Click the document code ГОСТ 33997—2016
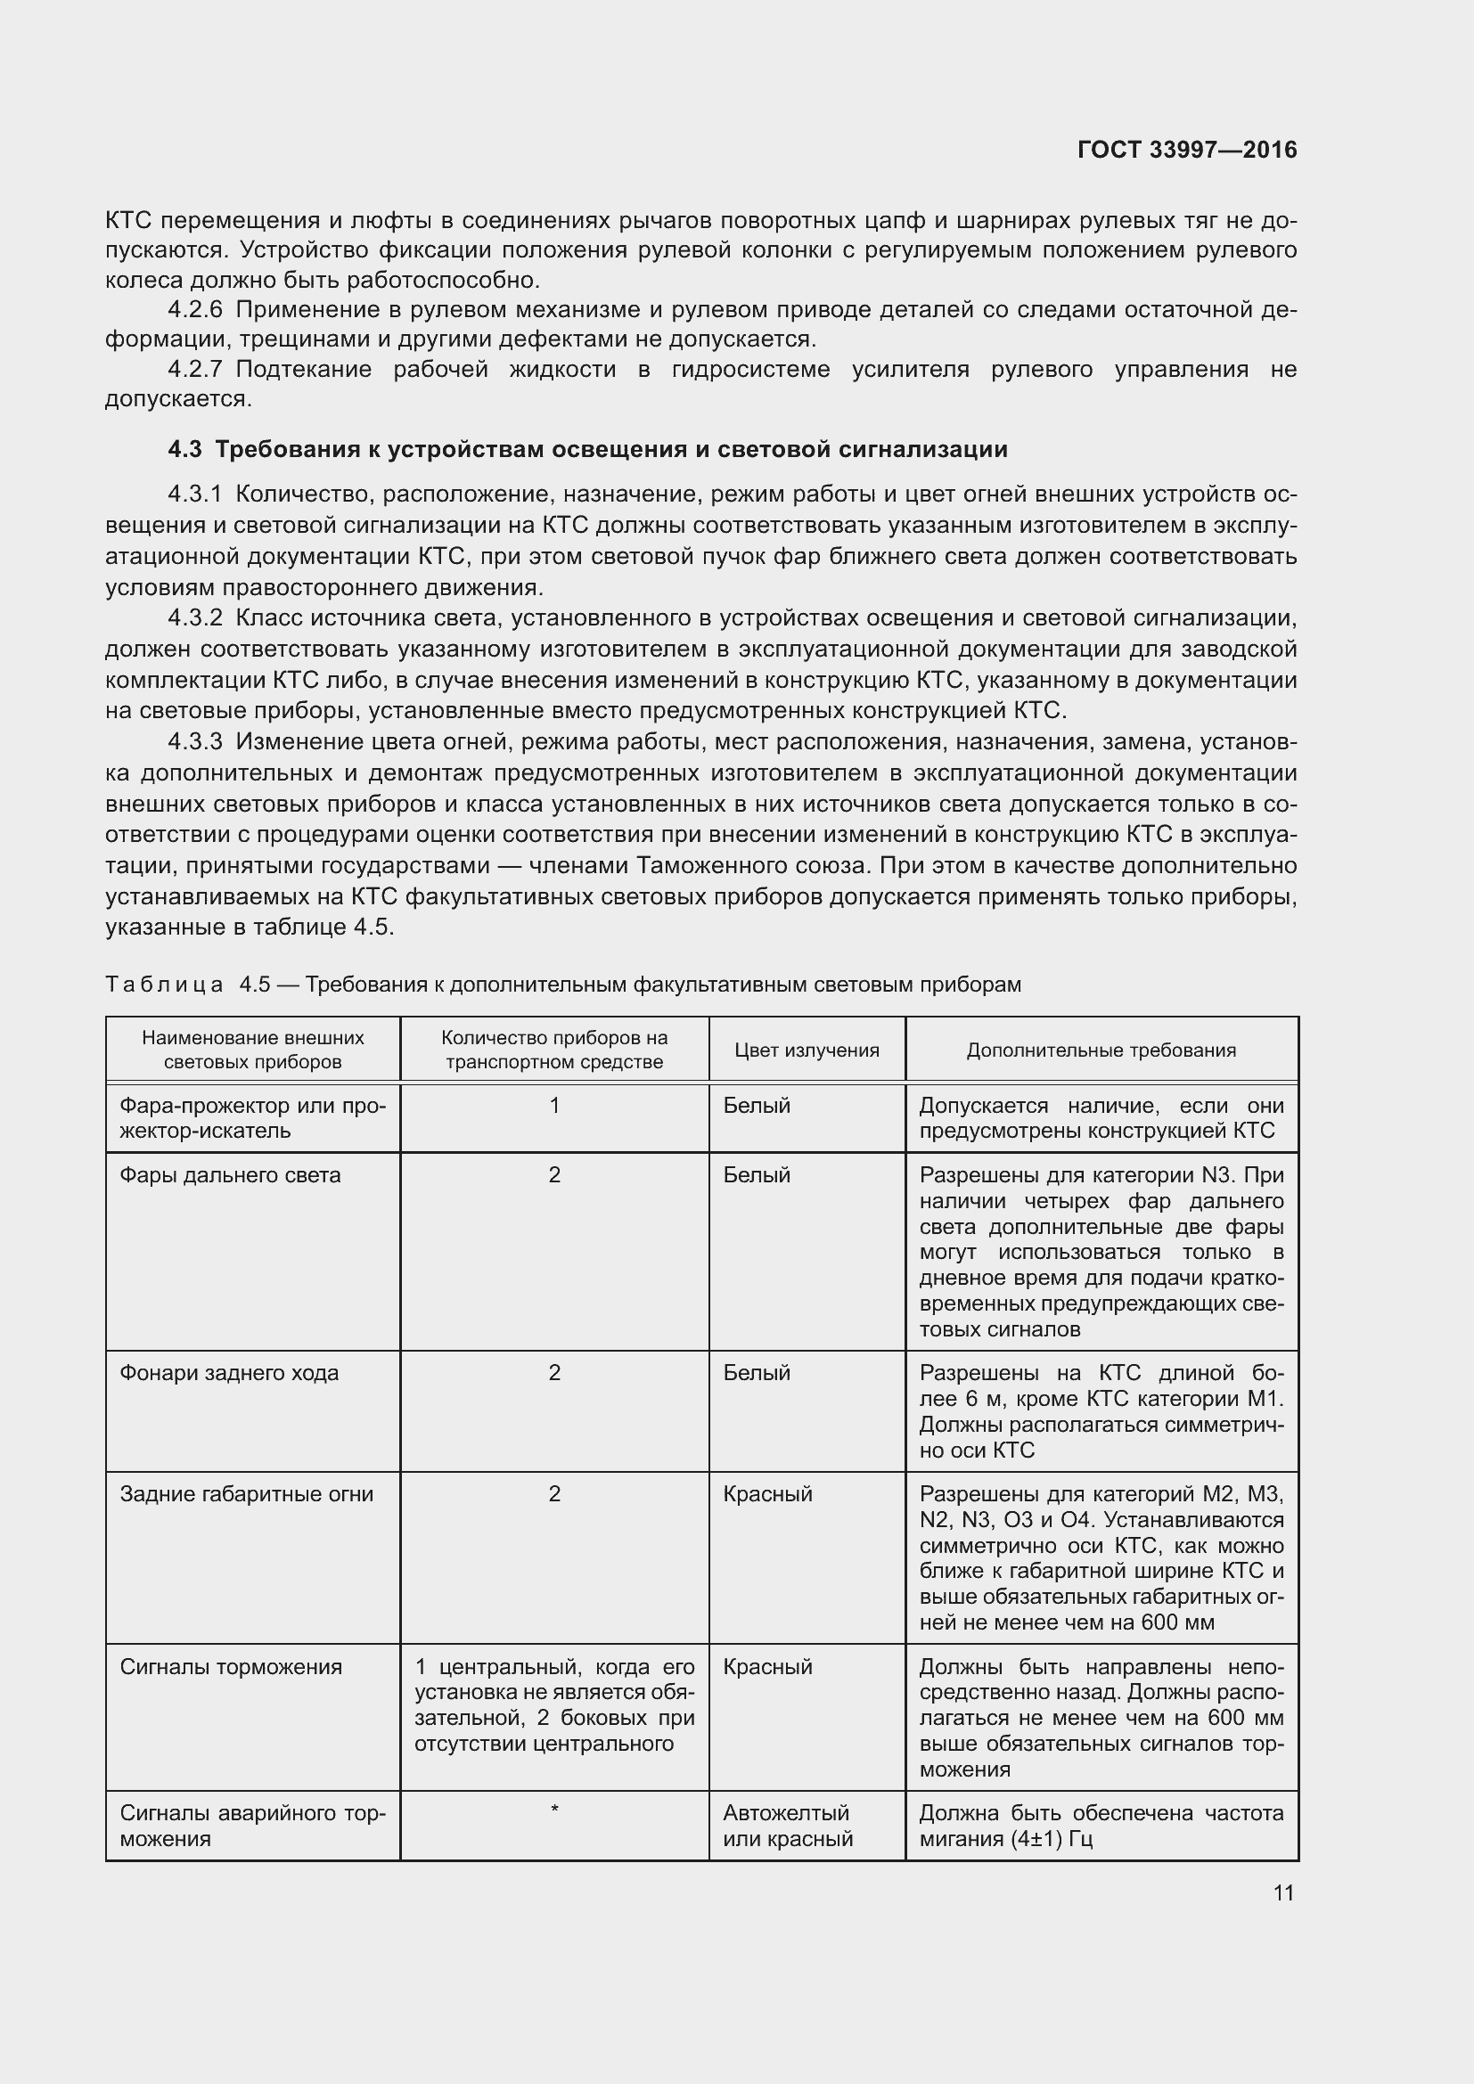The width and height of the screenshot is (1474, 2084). tap(1187, 150)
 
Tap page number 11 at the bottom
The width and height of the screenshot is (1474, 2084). tap(1282, 1893)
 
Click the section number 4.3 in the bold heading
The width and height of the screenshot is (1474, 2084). tap(184, 449)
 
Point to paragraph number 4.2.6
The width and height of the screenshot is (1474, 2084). tap(194, 310)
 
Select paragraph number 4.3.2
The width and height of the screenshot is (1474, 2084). tap(194, 618)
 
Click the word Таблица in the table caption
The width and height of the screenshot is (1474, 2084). tap(164, 985)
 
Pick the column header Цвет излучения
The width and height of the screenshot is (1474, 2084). tap(806, 1050)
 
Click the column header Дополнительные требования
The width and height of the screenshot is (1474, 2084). tap(1100, 1050)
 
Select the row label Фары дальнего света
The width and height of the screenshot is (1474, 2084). tap(231, 1175)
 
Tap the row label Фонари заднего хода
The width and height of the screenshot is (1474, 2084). tap(229, 1373)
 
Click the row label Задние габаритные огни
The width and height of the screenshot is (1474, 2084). tap(246, 1494)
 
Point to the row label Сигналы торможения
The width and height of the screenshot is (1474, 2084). tap(231, 1667)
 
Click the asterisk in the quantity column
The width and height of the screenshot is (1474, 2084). tap(553, 1811)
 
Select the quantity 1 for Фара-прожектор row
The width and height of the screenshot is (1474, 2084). tap(553, 1106)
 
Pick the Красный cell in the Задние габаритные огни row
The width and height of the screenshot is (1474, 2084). tap(767, 1494)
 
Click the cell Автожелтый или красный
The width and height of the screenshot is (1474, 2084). tap(787, 1827)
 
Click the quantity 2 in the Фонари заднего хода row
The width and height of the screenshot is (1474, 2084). tap(553, 1373)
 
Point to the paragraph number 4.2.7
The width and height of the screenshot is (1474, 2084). tap(194, 370)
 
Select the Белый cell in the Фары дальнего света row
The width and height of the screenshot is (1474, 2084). tap(756, 1175)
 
